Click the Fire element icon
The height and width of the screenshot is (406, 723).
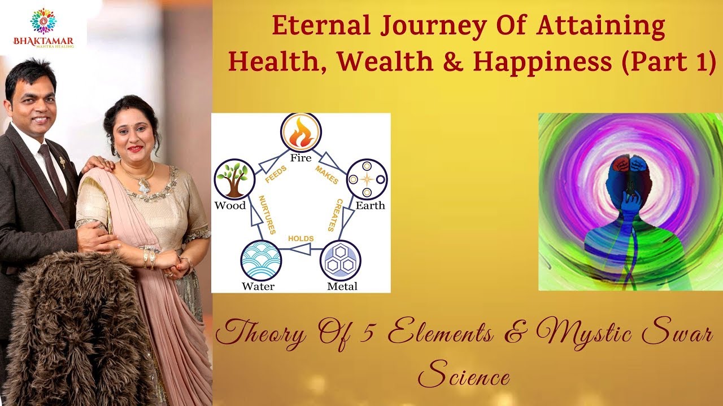pos(301,133)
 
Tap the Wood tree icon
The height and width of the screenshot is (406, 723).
pos(233,179)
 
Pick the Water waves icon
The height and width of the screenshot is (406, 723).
pos(260,260)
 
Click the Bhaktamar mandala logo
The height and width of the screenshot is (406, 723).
pos(43,21)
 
